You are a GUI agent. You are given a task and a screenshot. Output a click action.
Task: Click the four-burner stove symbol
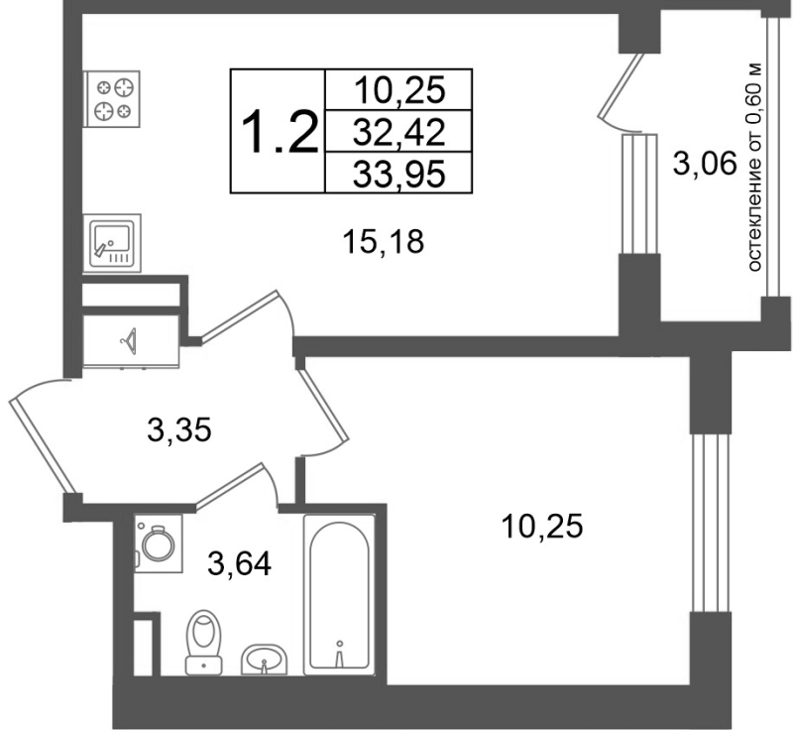click(111, 98)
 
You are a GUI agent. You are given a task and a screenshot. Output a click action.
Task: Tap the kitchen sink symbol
click(112, 243)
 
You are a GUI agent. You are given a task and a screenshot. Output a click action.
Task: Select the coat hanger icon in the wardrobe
click(130, 341)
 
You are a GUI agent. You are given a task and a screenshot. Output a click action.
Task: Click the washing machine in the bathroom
click(159, 544)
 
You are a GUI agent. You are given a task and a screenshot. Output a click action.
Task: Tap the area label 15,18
click(383, 242)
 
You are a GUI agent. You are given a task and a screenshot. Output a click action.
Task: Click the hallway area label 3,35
click(178, 431)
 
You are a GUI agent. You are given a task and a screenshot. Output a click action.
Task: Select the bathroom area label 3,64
click(239, 563)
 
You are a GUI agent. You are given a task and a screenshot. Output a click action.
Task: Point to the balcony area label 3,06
click(704, 164)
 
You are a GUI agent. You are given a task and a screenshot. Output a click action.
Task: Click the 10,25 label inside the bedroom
click(541, 526)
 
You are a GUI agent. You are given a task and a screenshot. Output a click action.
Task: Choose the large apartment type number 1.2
click(280, 133)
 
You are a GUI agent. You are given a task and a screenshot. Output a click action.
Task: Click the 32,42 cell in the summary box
click(398, 133)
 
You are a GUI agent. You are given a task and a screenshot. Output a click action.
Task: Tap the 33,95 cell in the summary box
click(398, 174)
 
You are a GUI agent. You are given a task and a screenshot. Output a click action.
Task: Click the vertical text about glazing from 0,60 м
click(753, 167)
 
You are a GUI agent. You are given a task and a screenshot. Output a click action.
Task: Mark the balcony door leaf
click(621, 87)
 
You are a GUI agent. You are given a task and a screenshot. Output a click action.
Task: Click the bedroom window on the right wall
click(711, 523)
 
